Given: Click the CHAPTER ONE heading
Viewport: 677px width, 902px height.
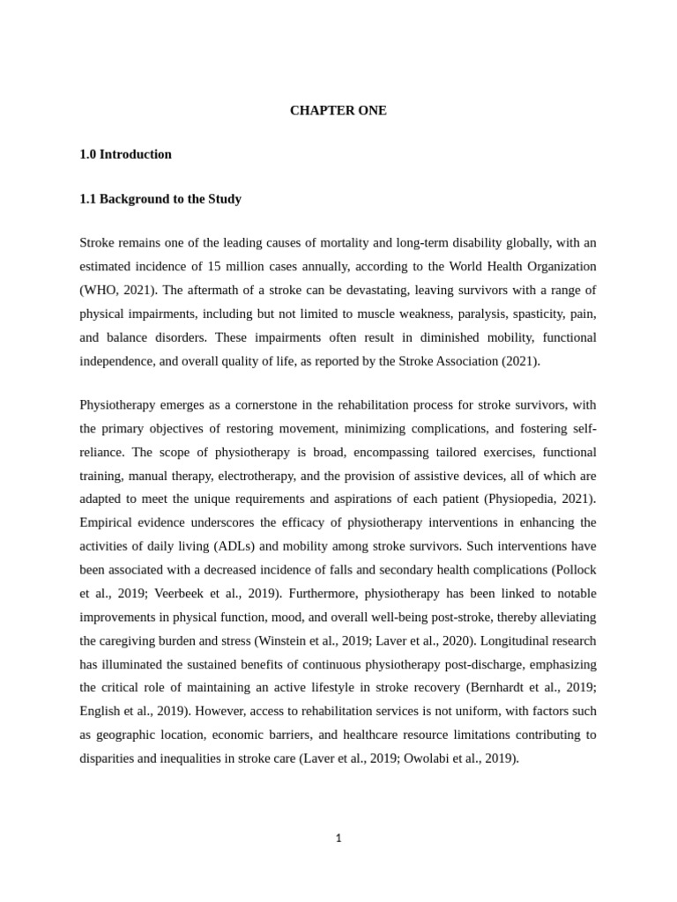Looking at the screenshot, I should click(x=338, y=111).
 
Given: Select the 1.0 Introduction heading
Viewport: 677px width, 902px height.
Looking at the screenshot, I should click(x=125, y=155).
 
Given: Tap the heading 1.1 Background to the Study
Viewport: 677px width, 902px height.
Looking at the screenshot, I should click(x=160, y=199).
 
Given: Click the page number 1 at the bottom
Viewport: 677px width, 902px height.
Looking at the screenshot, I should click(x=338, y=839).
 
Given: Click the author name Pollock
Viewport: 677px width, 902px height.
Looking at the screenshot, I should click(x=574, y=571).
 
